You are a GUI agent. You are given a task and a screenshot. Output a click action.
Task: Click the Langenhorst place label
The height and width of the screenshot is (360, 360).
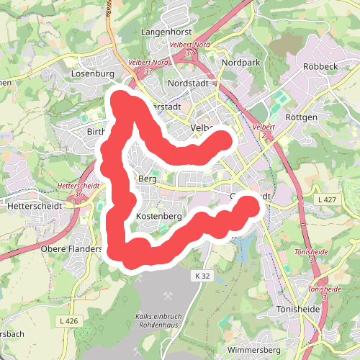[x=168, y=32]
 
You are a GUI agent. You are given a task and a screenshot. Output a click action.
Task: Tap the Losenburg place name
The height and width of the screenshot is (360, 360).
[x=94, y=73]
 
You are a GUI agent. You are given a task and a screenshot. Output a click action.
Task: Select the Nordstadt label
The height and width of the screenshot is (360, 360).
[x=187, y=84]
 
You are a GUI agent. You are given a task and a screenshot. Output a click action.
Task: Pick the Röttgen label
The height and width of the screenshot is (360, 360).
[x=301, y=116]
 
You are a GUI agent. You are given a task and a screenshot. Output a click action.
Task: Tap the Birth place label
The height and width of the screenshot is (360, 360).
[x=96, y=132]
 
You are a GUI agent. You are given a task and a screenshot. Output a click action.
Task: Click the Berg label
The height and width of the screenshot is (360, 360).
[x=147, y=178]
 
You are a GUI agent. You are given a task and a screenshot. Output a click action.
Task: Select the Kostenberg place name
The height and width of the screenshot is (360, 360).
[x=158, y=216]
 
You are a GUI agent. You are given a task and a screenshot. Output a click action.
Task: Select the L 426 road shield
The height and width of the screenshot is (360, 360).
[x=69, y=320]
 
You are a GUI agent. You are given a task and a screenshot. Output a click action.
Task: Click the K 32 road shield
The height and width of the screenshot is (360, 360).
[x=202, y=275]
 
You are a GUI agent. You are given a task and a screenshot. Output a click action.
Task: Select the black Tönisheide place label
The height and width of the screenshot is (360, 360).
[x=298, y=309]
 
